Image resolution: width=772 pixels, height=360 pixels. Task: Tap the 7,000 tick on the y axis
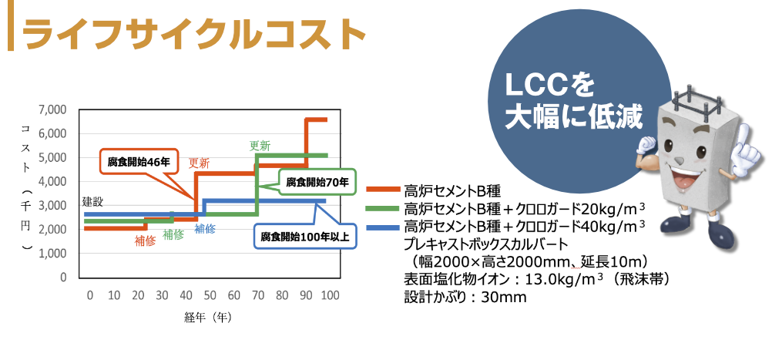(52, 109)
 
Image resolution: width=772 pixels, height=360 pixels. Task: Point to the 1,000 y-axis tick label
(52, 253)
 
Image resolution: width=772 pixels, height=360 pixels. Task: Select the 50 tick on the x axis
(209, 296)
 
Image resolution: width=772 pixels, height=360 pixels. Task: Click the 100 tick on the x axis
(330, 296)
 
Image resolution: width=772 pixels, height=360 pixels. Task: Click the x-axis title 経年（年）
(208, 317)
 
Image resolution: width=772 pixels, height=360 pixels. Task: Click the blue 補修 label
(205, 228)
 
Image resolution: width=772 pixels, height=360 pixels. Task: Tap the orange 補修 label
(145, 241)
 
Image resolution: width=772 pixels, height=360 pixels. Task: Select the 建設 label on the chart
(92, 201)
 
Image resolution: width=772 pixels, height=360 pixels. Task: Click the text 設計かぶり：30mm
(465, 297)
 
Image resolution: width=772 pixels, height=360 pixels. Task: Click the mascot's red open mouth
(681, 180)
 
